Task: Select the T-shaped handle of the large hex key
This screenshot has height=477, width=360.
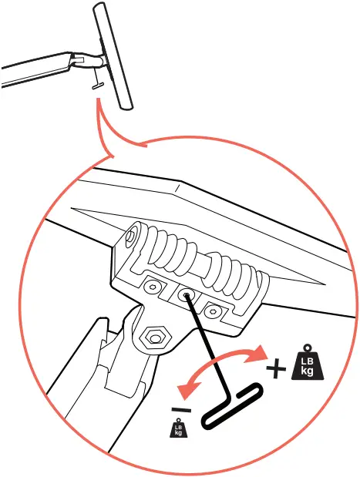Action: [x=230, y=408]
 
